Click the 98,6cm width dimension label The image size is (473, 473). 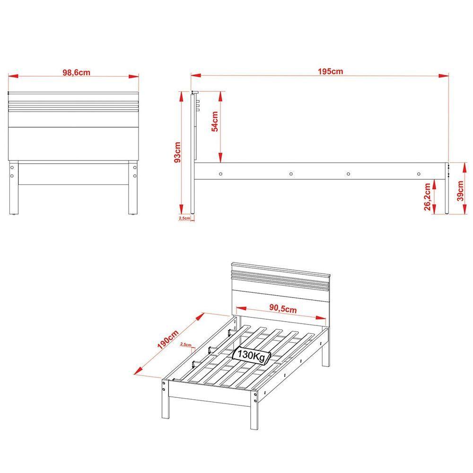[76, 72]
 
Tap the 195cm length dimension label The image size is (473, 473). [330, 71]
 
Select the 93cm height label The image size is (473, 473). [177, 152]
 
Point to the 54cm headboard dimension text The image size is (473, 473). [215, 121]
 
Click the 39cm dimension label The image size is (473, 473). [460, 191]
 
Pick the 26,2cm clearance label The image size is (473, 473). [427, 197]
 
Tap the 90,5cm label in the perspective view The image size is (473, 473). [283, 308]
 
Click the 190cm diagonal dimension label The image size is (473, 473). [168, 340]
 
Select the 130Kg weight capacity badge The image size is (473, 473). [252, 355]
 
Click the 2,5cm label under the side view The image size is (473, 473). [184, 218]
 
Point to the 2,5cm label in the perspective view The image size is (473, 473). [186, 344]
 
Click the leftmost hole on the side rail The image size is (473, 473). [221, 174]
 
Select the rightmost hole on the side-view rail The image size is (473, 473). [419, 174]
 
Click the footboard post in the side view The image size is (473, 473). [447, 188]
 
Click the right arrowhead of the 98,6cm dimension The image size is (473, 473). [134, 76]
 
